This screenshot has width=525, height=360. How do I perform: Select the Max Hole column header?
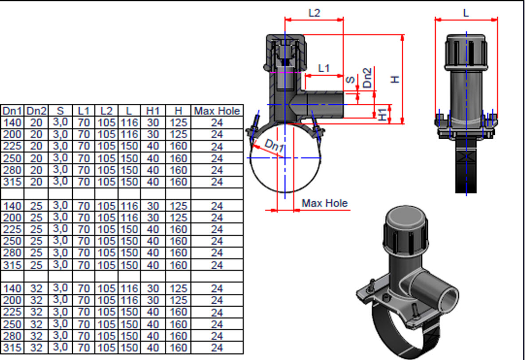[x=217, y=111]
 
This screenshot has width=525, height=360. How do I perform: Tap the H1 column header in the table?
[x=153, y=111]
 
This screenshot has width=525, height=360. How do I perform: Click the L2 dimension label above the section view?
[x=314, y=12]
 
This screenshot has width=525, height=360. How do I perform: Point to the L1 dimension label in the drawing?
[x=324, y=68]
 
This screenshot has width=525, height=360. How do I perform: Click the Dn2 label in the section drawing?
[x=368, y=78]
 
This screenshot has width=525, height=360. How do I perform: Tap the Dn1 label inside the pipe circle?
[x=273, y=147]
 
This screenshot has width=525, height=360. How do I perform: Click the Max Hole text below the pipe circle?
[x=325, y=203]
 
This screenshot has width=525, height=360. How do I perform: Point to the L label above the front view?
[x=466, y=13]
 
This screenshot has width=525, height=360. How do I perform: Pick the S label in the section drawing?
[x=350, y=80]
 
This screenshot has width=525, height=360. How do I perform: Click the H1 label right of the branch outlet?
[x=383, y=113]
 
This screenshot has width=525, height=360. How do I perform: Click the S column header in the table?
[x=60, y=111]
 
